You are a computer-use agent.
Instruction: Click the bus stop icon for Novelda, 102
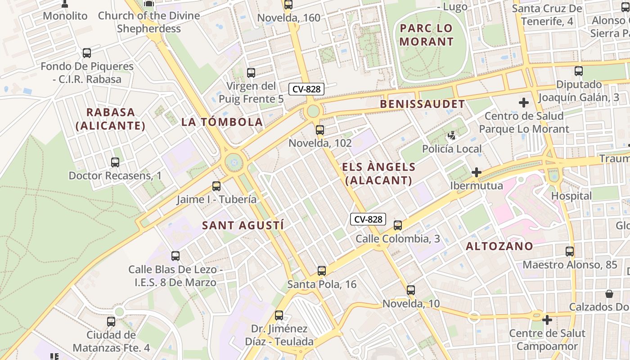click(x=319, y=130)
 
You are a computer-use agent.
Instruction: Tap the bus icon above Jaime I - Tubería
click(x=216, y=186)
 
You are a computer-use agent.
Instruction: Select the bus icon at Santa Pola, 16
click(x=321, y=271)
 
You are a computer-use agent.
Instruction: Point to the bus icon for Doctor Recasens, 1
click(x=115, y=162)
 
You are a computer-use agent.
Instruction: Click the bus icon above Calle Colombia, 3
click(x=398, y=225)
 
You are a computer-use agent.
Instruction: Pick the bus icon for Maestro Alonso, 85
click(x=570, y=252)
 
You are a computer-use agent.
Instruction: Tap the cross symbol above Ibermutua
click(x=477, y=172)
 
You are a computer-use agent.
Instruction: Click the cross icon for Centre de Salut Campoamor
click(x=547, y=320)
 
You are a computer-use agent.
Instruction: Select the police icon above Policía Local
click(x=452, y=135)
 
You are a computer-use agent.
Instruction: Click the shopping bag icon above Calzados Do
click(x=609, y=294)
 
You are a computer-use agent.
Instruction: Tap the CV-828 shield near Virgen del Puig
click(x=306, y=89)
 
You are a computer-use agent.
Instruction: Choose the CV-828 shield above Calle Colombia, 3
click(x=368, y=219)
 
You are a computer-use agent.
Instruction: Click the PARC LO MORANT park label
click(x=427, y=35)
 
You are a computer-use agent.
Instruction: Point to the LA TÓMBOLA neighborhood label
click(x=222, y=121)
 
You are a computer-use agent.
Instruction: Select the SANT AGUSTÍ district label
click(x=243, y=225)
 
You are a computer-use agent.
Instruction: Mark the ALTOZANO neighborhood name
click(x=499, y=246)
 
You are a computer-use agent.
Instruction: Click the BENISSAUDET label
click(x=423, y=104)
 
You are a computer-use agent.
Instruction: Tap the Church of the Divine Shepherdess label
click(x=149, y=22)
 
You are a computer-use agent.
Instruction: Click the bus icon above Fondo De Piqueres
click(x=87, y=53)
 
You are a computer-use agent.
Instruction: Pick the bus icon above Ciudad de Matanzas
click(x=111, y=322)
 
